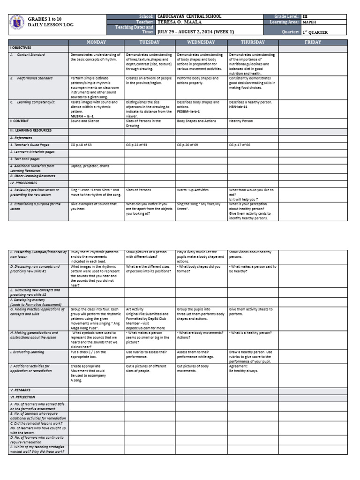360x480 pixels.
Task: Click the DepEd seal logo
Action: (16, 24)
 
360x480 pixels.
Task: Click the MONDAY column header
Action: (97, 42)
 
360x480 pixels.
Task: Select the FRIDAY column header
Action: (313, 42)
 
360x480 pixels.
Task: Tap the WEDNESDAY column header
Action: (201, 42)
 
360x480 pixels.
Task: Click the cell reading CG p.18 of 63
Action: (82, 145)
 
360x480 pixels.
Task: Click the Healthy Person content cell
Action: (241, 121)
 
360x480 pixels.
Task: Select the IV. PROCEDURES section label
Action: (23, 183)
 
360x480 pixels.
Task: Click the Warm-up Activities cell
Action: (192, 190)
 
